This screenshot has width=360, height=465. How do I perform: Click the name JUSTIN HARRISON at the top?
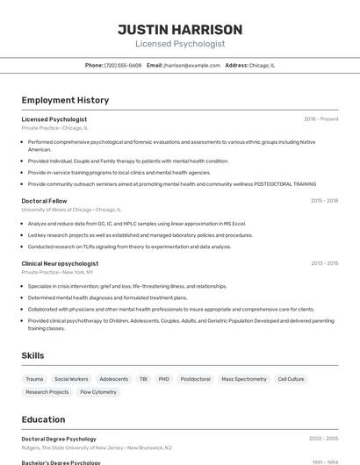(x=180, y=30)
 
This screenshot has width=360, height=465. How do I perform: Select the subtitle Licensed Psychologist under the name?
(x=180, y=44)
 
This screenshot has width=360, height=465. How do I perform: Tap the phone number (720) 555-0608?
(x=123, y=65)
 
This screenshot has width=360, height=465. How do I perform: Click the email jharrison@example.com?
(x=191, y=65)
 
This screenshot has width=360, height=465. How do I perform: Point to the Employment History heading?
(x=65, y=100)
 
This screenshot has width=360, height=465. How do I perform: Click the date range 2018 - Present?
(x=320, y=119)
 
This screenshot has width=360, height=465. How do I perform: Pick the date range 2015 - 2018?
(x=324, y=201)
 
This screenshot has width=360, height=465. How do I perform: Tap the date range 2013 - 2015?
(x=324, y=263)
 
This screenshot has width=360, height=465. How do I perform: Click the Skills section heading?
(x=32, y=355)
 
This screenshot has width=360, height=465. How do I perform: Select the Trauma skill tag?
(x=34, y=379)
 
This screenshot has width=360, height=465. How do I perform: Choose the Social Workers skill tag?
(x=71, y=379)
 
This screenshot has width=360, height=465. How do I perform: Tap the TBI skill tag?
(x=143, y=379)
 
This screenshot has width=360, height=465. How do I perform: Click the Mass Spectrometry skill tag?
(x=243, y=379)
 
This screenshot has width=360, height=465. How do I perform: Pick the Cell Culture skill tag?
(x=291, y=379)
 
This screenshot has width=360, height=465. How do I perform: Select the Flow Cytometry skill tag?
(x=97, y=392)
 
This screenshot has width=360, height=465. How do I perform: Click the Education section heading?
(x=43, y=419)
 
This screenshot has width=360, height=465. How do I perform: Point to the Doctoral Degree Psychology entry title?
(x=59, y=439)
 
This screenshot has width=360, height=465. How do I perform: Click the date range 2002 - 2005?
(x=323, y=439)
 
